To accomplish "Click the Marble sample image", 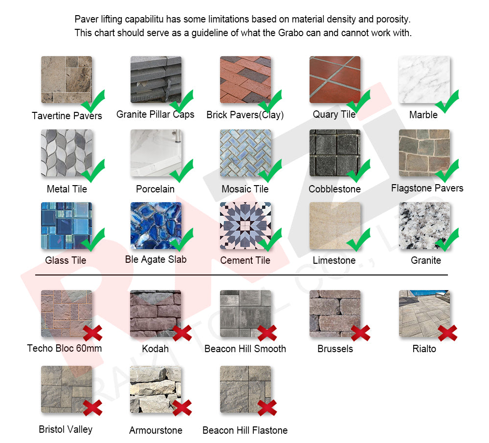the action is (424, 80).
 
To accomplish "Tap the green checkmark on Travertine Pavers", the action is (93, 101).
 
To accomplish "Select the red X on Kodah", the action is (182, 333).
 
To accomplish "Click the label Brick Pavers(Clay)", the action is (245, 115).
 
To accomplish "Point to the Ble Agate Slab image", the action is (156, 226).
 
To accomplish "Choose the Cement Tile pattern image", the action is (245, 226).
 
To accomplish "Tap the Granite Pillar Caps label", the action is (156, 114).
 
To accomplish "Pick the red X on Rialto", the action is (447, 333).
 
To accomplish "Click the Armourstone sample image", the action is (156, 389).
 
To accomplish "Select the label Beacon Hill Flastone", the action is (245, 430).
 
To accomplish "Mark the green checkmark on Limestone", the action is (358, 239).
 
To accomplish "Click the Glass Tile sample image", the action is (67, 226).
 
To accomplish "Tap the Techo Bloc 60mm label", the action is (64, 348).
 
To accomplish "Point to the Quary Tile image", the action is (335, 80).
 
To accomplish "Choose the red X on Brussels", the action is (360, 333).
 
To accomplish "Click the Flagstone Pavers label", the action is (427, 188).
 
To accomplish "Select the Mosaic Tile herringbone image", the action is (245, 153).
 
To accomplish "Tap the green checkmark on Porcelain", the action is (181, 171).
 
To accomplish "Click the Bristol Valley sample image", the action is (67, 389).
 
